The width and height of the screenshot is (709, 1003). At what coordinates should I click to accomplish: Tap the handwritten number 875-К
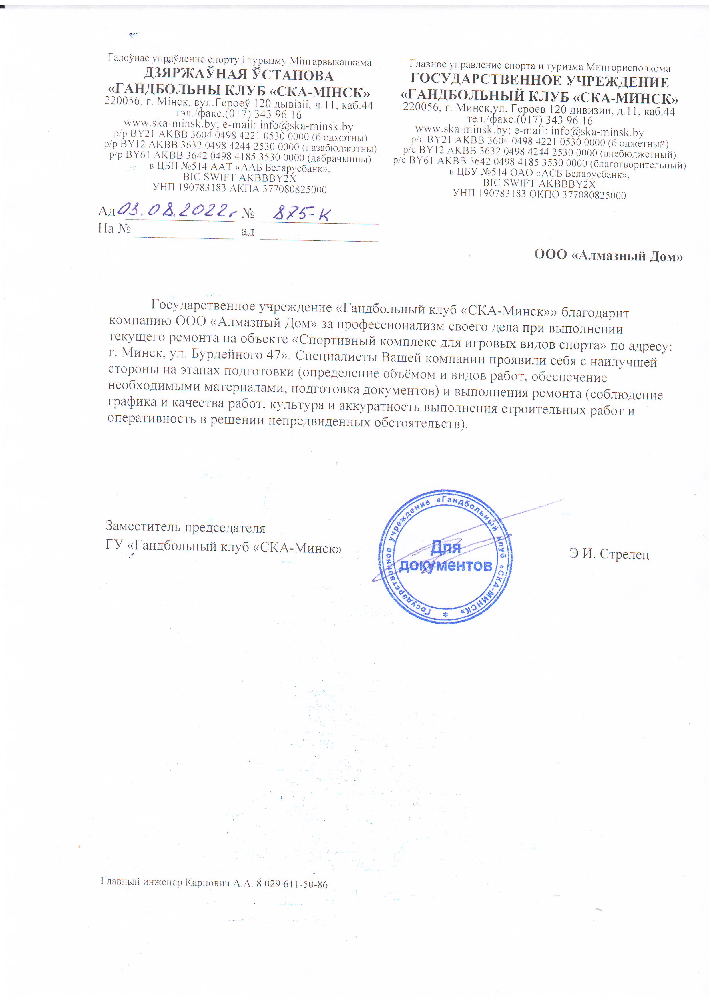tap(301, 213)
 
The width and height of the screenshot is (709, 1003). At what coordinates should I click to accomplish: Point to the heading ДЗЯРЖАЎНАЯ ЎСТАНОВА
tap(238, 75)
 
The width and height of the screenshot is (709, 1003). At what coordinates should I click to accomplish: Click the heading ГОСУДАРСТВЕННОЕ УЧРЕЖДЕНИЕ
tap(539, 81)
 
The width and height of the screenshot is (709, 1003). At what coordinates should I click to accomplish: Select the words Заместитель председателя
tap(185, 527)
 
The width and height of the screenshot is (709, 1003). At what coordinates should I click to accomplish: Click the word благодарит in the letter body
tap(595, 312)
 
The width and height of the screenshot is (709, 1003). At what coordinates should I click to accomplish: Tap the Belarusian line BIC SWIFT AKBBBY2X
tap(239, 178)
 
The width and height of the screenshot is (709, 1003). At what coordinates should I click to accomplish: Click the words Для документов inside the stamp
tap(446, 556)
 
